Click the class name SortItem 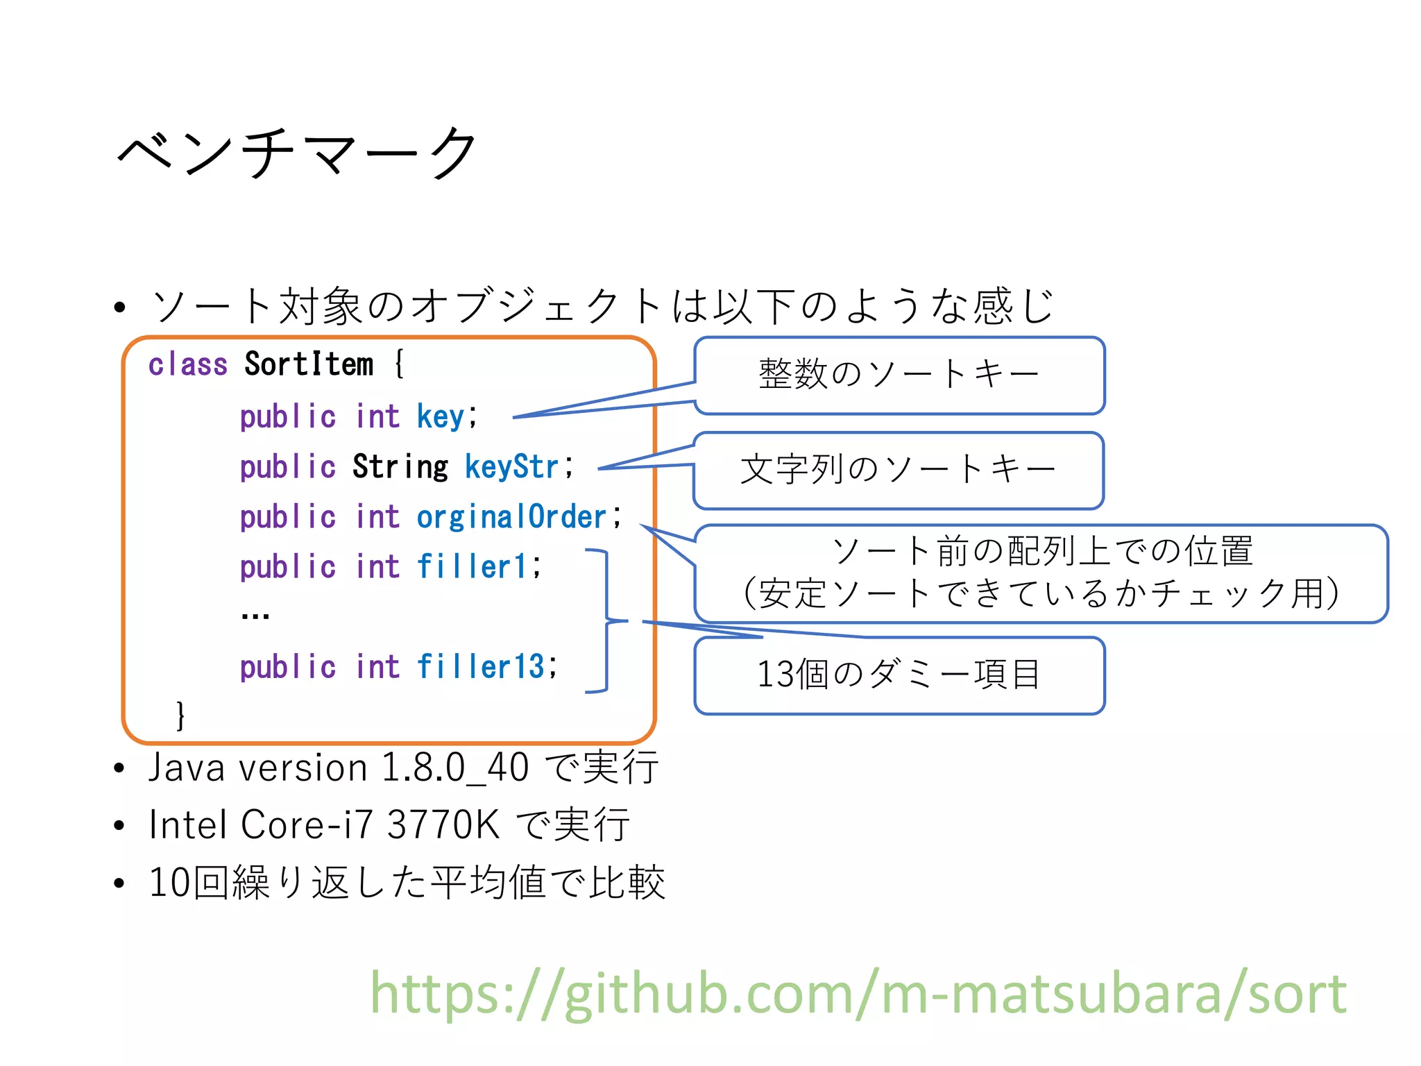(308, 364)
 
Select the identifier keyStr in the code (511, 466)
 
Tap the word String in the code (400, 466)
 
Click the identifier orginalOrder (511, 517)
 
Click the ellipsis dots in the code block (255, 615)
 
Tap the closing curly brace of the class (180, 715)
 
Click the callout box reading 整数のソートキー (899, 375)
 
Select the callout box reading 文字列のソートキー (898, 470)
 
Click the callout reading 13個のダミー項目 (899, 675)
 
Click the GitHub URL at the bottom (858, 994)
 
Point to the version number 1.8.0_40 (455, 768)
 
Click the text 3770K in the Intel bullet (443, 825)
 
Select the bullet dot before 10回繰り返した (119, 883)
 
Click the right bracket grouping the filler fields (605, 620)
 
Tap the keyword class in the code (187, 364)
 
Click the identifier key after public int (440, 417)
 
